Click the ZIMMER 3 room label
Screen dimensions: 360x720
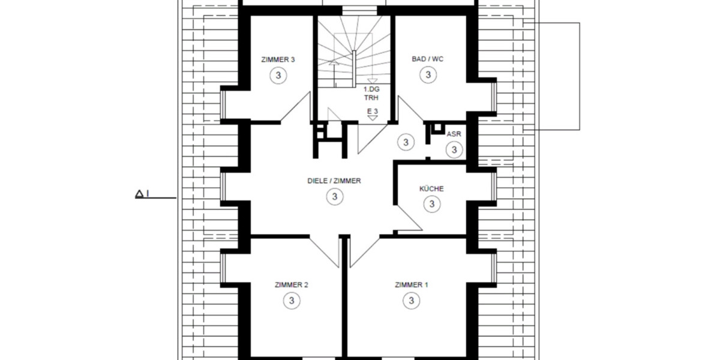[x=278, y=59]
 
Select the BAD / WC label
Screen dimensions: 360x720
[x=428, y=59]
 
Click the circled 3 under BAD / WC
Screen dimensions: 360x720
[x=428, y=75]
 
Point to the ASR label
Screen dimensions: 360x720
[x=454, y=134]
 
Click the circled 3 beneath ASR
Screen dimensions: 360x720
[x=454, y=149]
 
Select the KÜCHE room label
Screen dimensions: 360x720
[x=431, y=188]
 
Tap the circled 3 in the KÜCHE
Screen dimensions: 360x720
[x=431, y=204]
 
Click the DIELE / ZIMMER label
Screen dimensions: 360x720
[x=334, y=181]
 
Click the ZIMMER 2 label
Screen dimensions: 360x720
[x=291, y=284]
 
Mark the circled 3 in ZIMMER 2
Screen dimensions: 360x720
[x=291, y=300]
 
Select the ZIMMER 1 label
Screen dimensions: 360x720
[x=412, y=284]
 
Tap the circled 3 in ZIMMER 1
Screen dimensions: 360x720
[x=412, y=300]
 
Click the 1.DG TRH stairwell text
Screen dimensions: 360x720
[x=372, y=92]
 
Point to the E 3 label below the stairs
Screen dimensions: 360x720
[x=372, y=111]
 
